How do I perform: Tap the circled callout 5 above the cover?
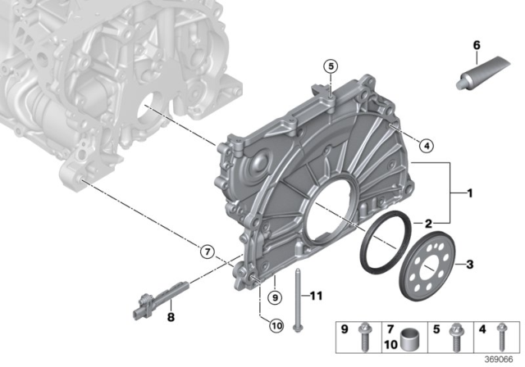point(330,66)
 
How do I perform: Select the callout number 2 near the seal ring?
point(427,223)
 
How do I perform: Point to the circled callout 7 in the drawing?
point(207,251)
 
